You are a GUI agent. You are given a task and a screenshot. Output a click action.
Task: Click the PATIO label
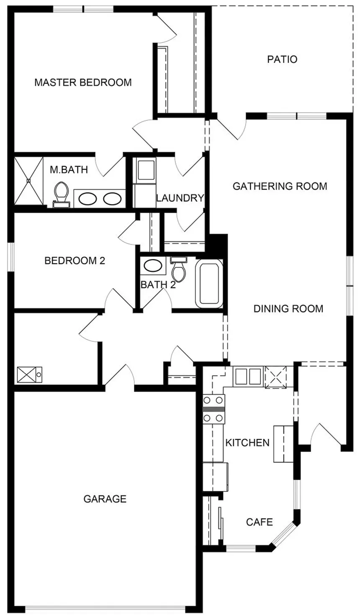(282, 59)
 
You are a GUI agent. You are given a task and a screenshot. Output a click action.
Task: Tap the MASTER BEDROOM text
(83, 82)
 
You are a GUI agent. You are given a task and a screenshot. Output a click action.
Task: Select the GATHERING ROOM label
(280, 187)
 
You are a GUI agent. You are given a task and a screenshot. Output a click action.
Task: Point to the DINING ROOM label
(288, 309)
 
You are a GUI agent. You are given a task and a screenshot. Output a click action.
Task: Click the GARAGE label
(105, 499)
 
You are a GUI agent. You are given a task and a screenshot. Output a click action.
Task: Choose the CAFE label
(260, 522)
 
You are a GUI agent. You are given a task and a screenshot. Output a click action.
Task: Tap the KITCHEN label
(247, 443)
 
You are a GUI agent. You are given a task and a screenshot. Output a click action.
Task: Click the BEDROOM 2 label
(75, 261)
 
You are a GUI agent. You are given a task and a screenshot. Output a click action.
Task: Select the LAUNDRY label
(180, 197)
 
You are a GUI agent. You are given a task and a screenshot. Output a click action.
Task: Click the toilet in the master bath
(62, 195)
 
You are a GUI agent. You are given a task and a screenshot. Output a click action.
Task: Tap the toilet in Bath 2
(178, 269)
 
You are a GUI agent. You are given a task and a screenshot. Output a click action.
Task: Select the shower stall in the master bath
(28, 180)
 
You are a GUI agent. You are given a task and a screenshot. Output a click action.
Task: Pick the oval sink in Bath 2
(153, 266)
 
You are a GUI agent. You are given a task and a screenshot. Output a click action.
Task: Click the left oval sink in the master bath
(87, 199)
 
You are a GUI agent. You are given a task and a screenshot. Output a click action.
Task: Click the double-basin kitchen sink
(248, 377)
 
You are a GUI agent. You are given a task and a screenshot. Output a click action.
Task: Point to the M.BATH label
(69, 170)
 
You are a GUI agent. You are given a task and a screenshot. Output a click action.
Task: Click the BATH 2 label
(158, 285)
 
